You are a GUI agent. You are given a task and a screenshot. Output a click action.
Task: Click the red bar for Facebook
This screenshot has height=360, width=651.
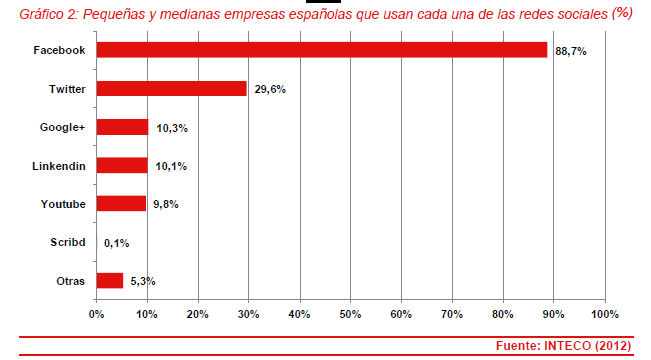click(x=322, y=50)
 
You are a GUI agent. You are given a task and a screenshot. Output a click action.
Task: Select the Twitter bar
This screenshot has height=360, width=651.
click(x=171, y=88)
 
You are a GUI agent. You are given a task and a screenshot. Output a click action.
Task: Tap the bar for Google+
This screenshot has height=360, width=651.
click(x=122, y=127)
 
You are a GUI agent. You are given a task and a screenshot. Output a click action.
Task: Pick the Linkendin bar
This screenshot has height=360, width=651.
click(x=122, y=165)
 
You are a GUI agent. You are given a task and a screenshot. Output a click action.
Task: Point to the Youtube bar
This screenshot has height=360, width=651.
click(x=121, y=204)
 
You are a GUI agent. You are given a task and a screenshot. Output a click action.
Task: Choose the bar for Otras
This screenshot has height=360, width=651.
click(x=110, y=281)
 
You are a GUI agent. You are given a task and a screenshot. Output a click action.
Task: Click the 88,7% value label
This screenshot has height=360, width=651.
click(x=572, y=50)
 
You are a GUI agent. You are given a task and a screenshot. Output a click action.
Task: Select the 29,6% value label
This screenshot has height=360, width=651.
click(x=270, y=88)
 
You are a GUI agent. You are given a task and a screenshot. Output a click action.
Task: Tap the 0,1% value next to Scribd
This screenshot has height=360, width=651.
click(x=117, y=243)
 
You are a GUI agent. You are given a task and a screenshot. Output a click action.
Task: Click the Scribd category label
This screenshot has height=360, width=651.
click(x=67, y=243)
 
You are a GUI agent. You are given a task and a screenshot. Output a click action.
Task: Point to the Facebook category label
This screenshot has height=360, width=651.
click(x=60, y=50)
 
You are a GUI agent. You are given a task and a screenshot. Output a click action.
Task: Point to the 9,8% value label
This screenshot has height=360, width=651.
click(x=167, y=204)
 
